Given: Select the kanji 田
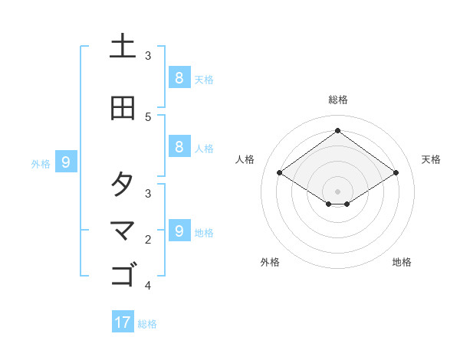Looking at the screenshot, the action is pos(123,108).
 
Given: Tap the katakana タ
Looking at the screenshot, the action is pos(123,185).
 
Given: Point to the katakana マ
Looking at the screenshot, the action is pos(123,230).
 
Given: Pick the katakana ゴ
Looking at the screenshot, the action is pos(123,273).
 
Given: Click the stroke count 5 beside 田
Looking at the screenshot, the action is pos(148,116).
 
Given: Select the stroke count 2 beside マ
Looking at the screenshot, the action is pos(148,240).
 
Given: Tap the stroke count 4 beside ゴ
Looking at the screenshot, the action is pos(148,286).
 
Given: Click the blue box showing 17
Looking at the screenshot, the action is pos(123,322).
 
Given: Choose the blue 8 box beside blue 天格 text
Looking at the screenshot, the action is pos(179,77).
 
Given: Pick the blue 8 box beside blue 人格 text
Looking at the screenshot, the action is pos(179,147).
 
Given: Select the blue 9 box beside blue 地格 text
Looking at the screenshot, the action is pos(179,231).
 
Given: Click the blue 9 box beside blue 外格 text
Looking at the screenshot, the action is pos(66,162).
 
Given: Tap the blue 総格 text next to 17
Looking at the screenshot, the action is pos(148,324).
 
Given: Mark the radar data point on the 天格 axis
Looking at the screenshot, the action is pos(396,173).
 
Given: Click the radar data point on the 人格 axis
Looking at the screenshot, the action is pos(280,173).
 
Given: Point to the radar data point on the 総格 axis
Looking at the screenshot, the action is pos(337,131).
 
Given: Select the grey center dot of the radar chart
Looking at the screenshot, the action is pos(337,191).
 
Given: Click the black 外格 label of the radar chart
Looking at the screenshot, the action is pos(270,263).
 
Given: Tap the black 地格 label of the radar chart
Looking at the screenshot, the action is pos(402,263).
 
